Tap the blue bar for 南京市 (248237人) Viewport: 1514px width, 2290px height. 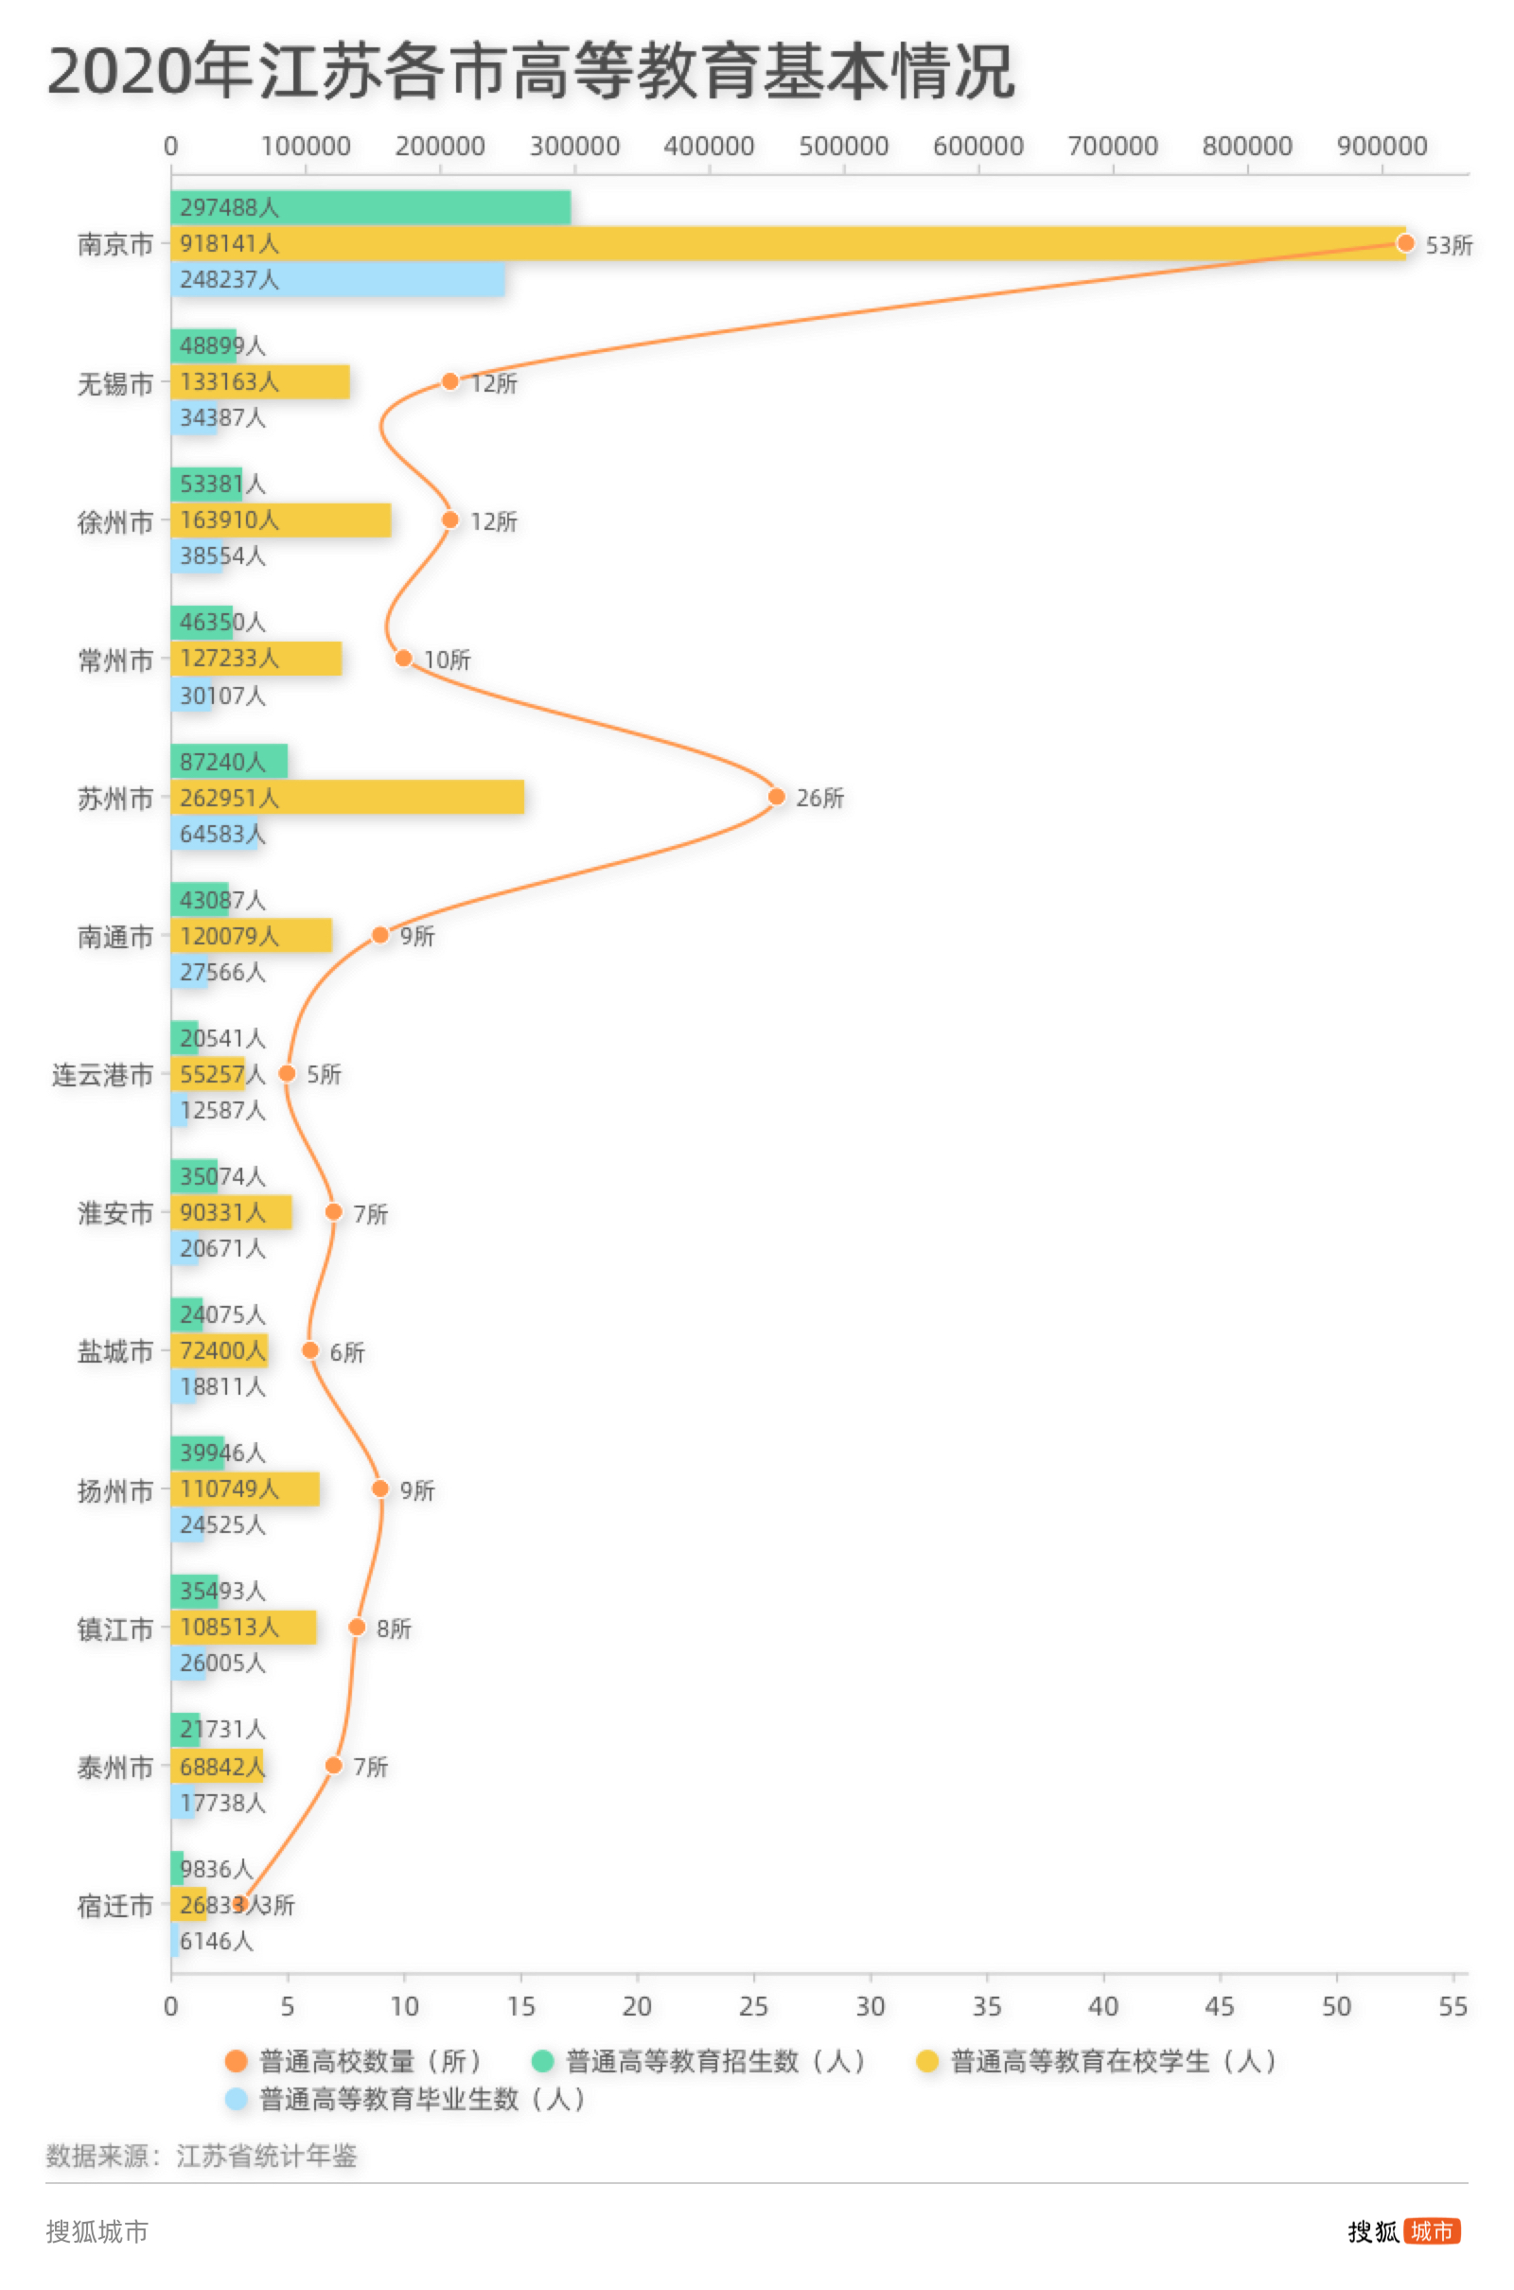click(x=337, y=279)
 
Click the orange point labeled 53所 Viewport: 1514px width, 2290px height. click(x=1405, y=243)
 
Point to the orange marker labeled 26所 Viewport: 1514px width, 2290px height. click(x=776, y=797)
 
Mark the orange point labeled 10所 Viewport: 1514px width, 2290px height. click(x=404, y=659)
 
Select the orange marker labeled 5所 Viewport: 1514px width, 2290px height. click(x=287, y=1074)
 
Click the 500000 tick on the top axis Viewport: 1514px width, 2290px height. click(x=843, y=146)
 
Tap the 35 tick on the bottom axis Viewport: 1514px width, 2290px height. click(x=987, y=2006)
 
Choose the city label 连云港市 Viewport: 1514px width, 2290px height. click(x=102, y=1075)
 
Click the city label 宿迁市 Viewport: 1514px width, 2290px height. click(x=114, y=1906)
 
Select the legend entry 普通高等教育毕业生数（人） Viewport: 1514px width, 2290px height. click(x=406, y=2099)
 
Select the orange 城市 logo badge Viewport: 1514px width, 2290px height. click(x=1432, y=2231)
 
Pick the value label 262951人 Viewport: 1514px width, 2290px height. click(x=229, y=798)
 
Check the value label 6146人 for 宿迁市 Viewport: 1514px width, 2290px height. click(x=217, y=1941)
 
